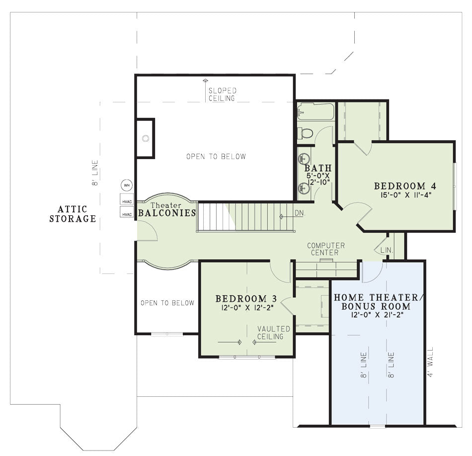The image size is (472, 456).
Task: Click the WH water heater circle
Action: point(127,185)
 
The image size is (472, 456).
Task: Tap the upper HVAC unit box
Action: point(127,199)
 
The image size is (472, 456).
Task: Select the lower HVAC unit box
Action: point(127,212)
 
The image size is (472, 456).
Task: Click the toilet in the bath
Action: point(305,133)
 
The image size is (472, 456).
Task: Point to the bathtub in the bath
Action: point(315,112)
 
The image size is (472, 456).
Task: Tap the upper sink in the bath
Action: point(303,159)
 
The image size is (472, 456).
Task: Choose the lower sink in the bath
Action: point(303,189)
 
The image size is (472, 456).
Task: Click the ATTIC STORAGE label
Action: point(73,214)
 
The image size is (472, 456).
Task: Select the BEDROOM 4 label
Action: point(405,186)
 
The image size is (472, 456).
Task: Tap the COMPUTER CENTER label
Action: point(326,249)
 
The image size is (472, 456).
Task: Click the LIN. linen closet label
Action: point(387,250)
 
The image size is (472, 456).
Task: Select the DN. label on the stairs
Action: point(300,213)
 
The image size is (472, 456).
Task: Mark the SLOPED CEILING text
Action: point(223,94)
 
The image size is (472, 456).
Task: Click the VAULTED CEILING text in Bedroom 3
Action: point(274,333)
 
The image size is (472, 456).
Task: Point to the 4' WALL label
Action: point(430,362)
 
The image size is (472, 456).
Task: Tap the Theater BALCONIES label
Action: point(167,210)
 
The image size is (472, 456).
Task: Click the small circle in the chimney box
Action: point(146,139)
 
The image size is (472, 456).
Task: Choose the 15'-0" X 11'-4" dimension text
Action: point(406,195)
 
